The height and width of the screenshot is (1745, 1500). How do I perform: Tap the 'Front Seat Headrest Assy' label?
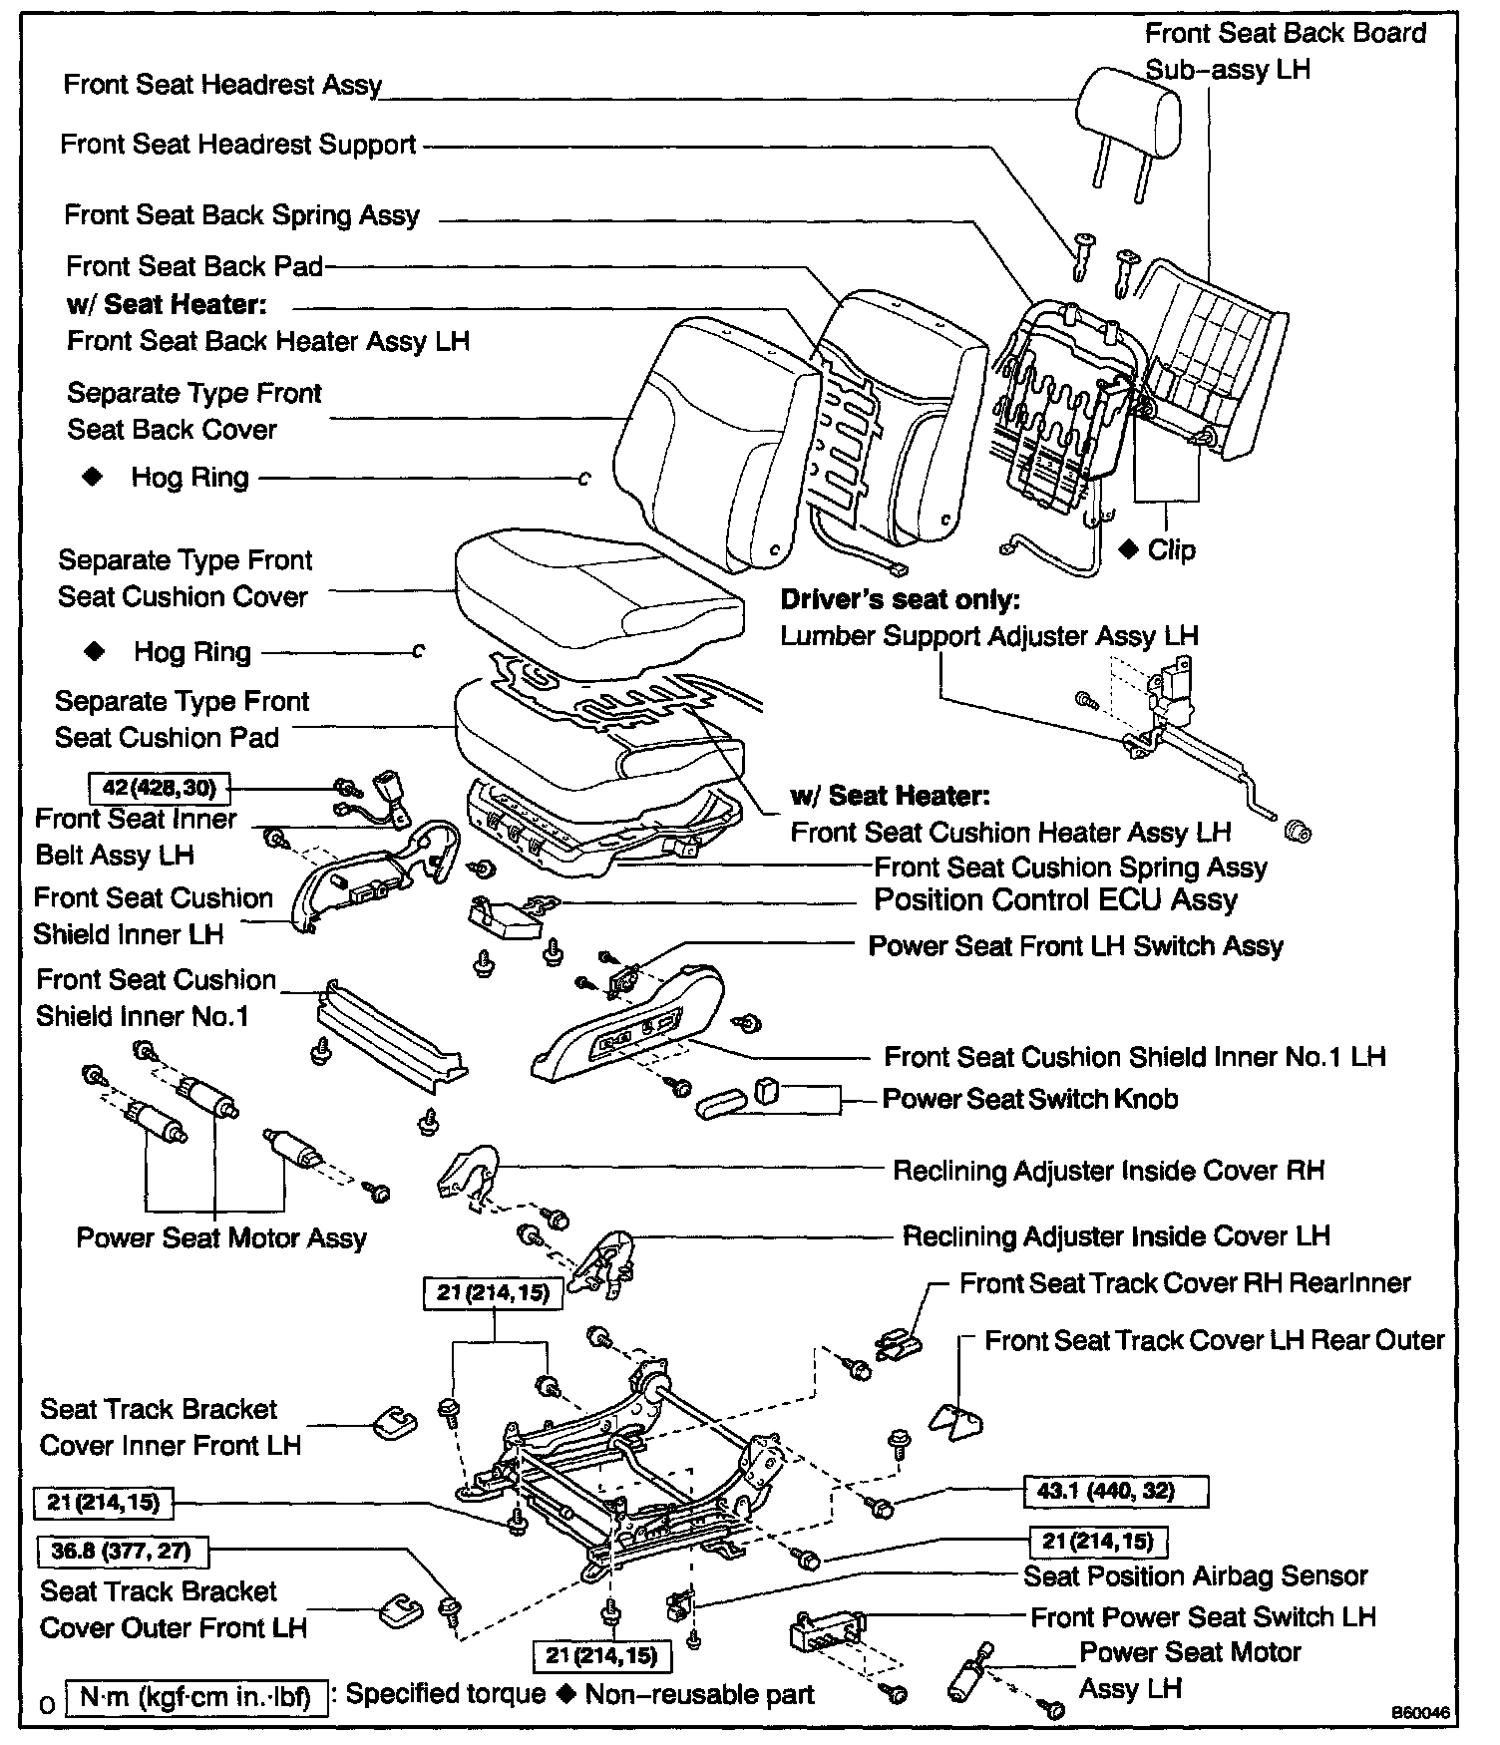click(x=222, y=85)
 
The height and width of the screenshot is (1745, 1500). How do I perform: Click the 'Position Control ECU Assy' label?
click(x=1055, y=899)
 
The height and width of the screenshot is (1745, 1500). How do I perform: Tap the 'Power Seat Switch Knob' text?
click(x=1030, y=1099)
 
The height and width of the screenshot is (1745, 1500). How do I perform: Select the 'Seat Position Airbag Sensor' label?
click(x=1196, y=1575)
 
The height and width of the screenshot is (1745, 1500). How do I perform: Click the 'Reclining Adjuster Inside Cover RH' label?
click(x=1108, y=1170)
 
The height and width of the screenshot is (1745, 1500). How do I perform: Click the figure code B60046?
click(x=1423, y=1712)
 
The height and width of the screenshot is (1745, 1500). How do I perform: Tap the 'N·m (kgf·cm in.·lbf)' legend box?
click(x=195, y=1696)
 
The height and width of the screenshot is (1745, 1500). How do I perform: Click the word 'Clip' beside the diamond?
click(x=1171, y=549)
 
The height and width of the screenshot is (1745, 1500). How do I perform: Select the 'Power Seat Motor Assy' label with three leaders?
click(x=221, y=1237)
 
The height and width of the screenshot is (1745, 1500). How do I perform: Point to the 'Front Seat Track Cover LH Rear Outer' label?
click(x=1214, y=1340)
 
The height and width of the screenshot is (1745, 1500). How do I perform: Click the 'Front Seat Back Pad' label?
click(x=194, y=266)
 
